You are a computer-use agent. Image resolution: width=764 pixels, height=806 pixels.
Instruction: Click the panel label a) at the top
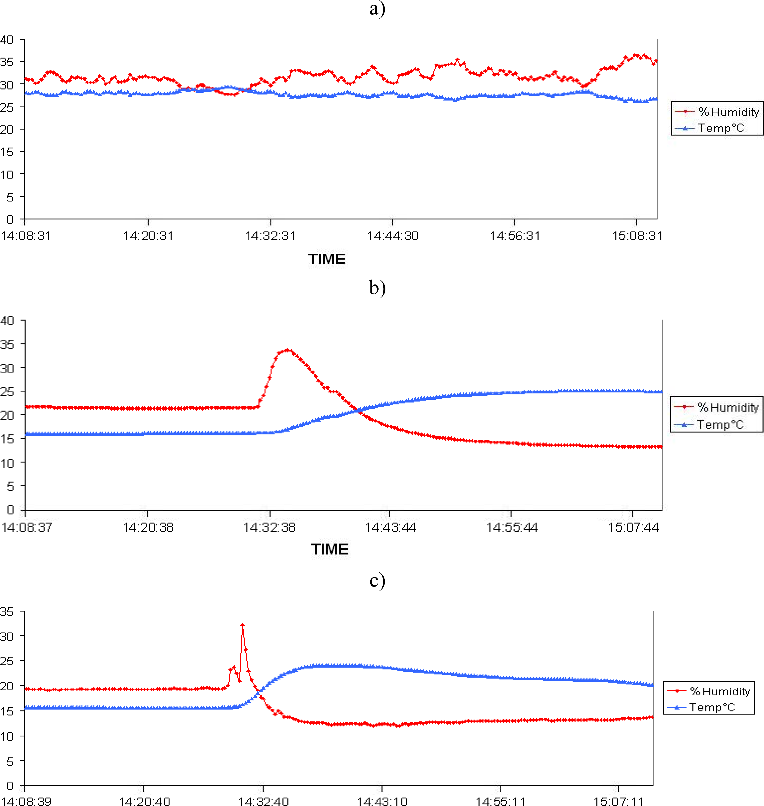click(x=377, y=9)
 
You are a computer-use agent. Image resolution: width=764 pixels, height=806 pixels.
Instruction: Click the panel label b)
click(x=377, y=288)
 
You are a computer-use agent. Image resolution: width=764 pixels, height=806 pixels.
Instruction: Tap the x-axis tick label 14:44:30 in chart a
click(x=393, y=236)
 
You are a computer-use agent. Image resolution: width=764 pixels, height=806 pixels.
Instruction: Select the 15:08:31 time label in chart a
click(x=637, y=236)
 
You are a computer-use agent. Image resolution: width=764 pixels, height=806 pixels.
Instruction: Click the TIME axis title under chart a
click(x=327, y=259)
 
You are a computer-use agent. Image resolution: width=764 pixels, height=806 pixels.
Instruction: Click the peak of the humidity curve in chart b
click(x=288, y=349)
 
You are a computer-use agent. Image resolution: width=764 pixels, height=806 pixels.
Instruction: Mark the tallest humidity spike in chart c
click(x=242, y=625)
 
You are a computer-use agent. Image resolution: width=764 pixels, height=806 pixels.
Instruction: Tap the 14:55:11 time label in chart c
click(x=501, y=801)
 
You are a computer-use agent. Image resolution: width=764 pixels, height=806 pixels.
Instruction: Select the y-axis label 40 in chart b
click(x=7, y=321)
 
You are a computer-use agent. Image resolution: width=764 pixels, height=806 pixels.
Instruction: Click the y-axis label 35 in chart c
click(x=7, y=611)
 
